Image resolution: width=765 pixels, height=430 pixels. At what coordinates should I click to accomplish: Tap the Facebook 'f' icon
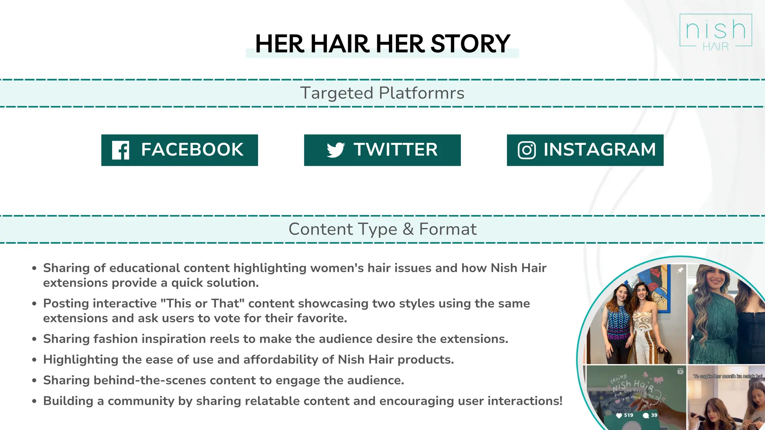pyautogui.click(x=121, y=150)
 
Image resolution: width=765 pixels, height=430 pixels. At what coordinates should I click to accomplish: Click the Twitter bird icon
pyautogui.click(x=335, y=150)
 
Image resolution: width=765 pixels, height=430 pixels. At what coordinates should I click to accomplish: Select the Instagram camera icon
pyautogui.click(x=527, y=150)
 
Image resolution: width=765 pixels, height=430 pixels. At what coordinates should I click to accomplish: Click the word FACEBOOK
pyautogui.click(x=192, y=150)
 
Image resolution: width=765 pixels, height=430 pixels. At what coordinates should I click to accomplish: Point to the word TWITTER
pyautogui.click(x=396, y=150)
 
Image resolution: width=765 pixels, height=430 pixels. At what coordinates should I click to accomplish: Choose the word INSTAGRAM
pyautogui.click(x=600, y=150)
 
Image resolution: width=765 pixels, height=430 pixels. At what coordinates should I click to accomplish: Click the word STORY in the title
pyautogui.click(x=470, y=44)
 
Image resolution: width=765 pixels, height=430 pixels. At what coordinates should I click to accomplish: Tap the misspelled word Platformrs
pyautogui.click(x=422, y=93)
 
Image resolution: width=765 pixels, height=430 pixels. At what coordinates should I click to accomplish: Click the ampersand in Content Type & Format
pyautogui.click(x=408, y=229)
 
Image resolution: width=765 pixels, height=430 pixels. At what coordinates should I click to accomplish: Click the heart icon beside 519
pyautogui.click(x=619, y=415)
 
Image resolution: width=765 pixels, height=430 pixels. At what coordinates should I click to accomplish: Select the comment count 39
pyautogui.click(x=654, y=415)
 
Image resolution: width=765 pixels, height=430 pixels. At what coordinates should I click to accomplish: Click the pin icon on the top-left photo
pyautogui.click(x=680, y=270)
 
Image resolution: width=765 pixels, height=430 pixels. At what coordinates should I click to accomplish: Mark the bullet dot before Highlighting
pyautogui.click(x=34, y=360)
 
